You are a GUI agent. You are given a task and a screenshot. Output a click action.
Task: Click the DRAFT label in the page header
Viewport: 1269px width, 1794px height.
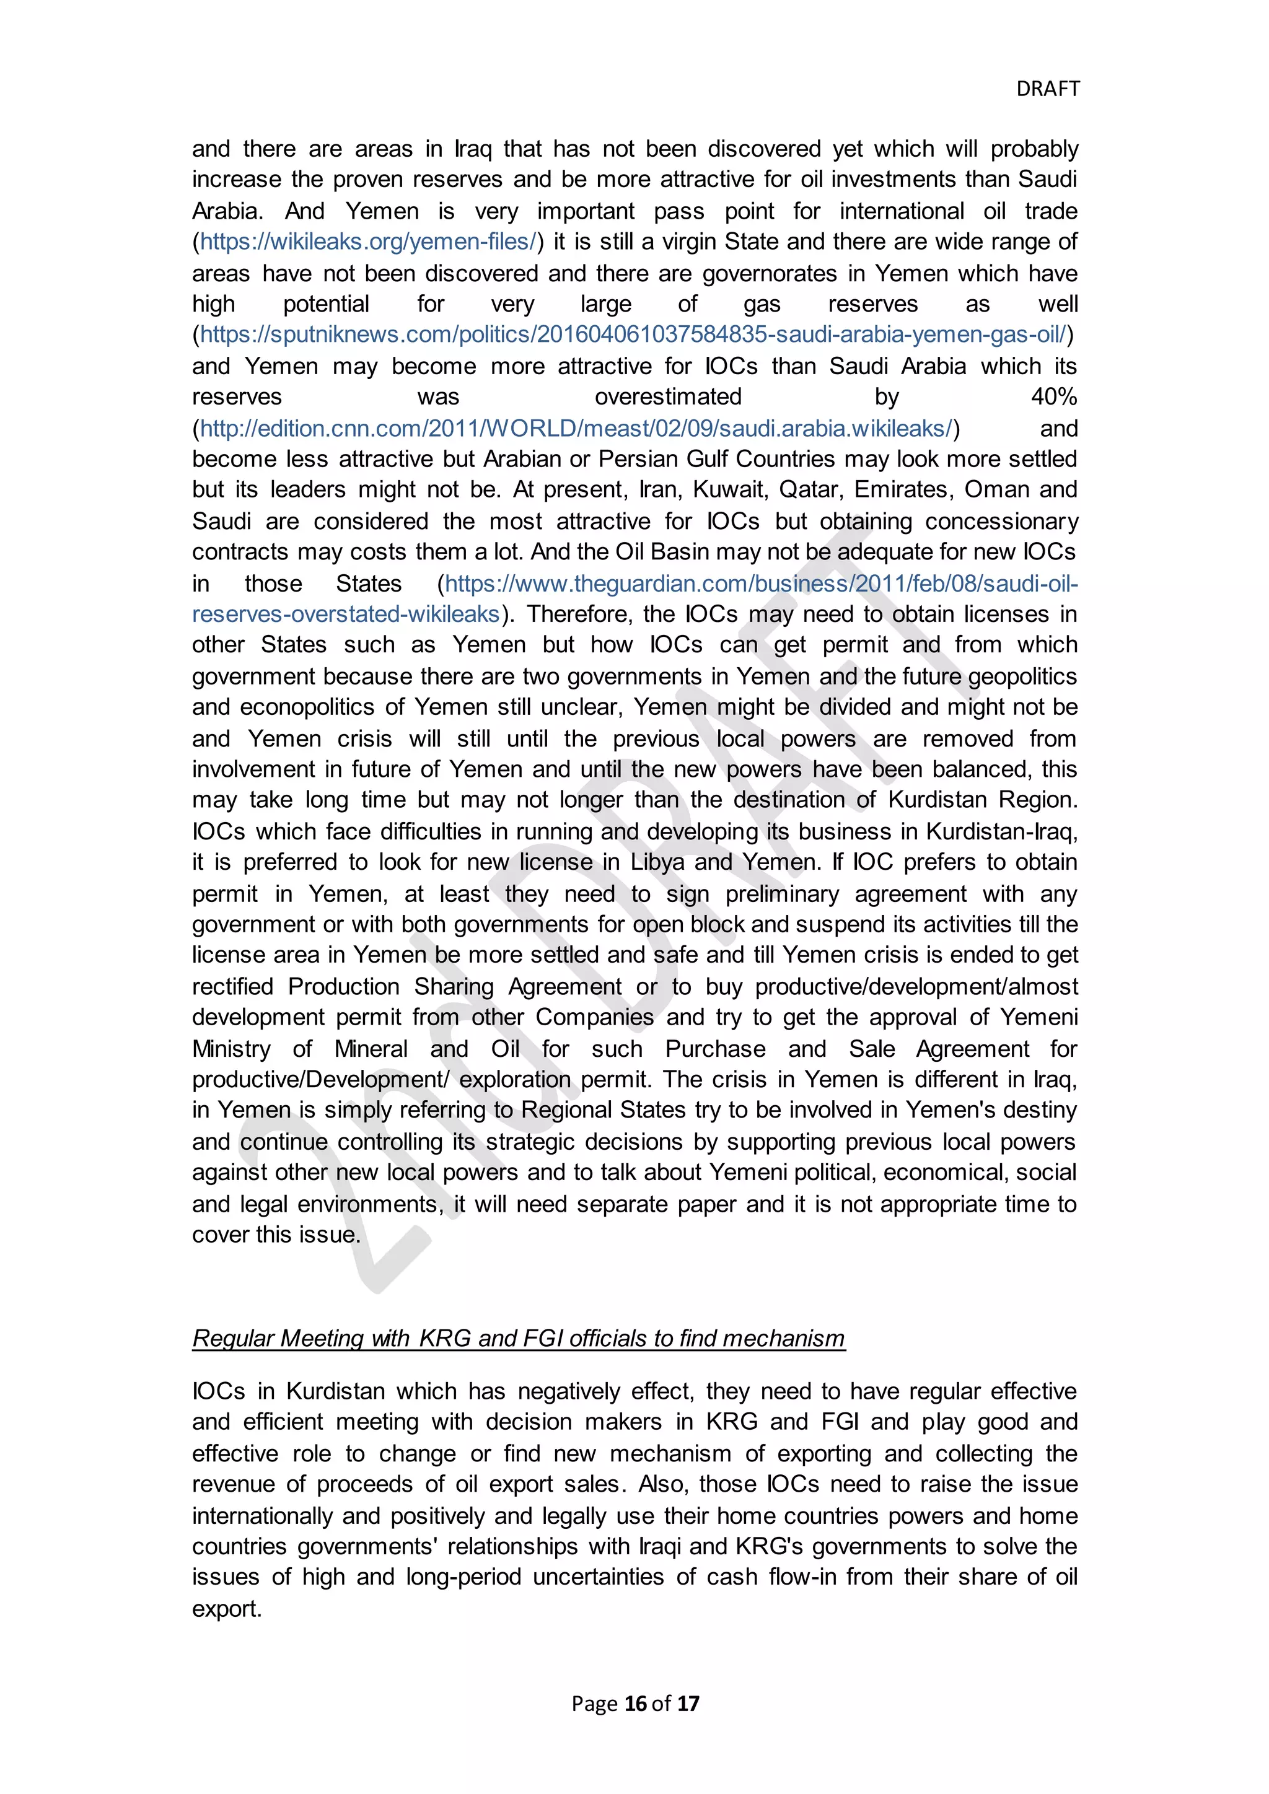click(1047, 89)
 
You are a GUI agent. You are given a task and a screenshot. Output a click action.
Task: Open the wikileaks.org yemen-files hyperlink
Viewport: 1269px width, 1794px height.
click(367, 242)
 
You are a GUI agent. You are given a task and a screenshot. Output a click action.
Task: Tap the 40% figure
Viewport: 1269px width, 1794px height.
click(1053, 397)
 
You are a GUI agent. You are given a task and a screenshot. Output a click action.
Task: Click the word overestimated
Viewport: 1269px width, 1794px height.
click(668, 397)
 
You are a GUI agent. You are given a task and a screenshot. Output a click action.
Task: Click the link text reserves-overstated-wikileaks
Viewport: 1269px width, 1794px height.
click(345, 614)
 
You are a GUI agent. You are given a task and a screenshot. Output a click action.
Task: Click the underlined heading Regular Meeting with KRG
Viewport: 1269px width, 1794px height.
click(518, 1339)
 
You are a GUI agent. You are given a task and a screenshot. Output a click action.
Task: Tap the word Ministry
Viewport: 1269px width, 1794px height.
click(231, 1049)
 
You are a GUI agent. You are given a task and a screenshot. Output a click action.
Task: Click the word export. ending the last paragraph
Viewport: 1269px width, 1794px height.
click(227, 1609)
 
